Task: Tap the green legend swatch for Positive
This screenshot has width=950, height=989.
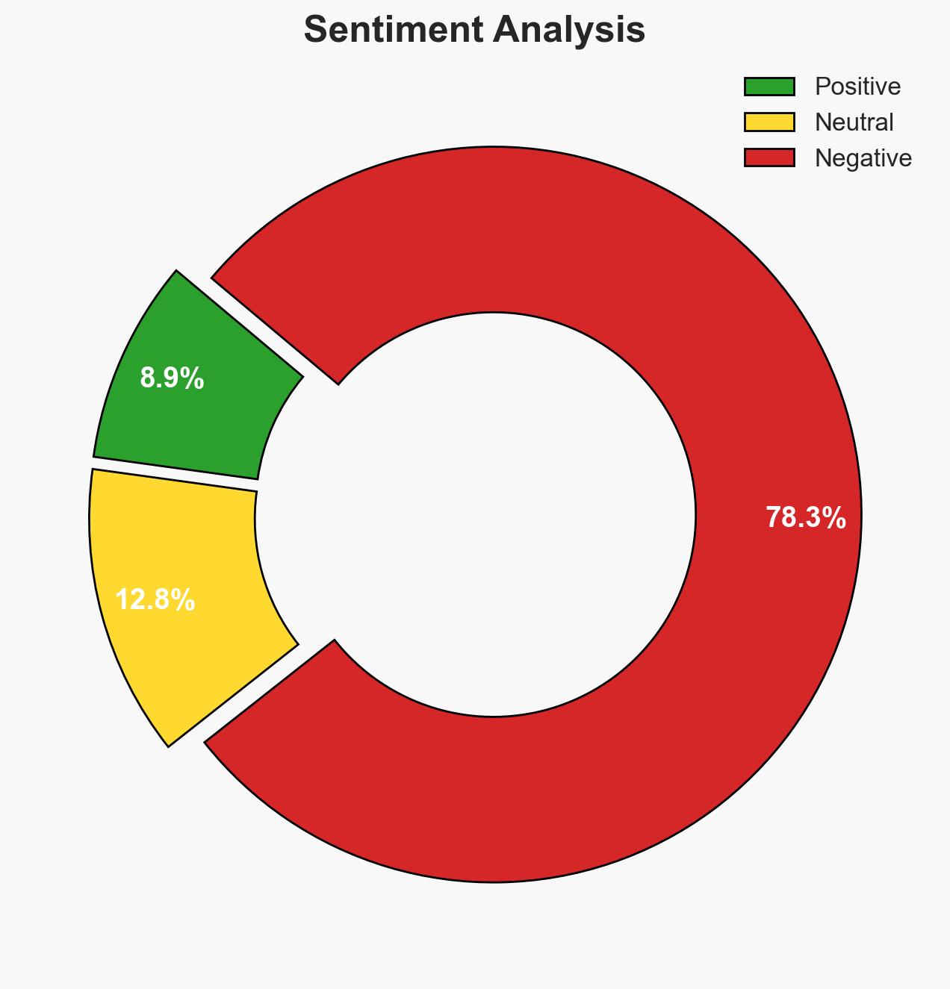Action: [769, 87]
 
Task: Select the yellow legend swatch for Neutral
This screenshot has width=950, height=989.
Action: [769, 122]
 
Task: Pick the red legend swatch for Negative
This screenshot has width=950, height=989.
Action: [769, 157]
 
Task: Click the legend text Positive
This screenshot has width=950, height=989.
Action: [857, 87]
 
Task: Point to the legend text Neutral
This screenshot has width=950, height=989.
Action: [854, 122]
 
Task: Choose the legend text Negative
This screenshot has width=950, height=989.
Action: [863, 157]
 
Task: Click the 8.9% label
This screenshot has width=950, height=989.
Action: [172, 379]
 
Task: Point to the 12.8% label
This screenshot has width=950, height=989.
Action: [155, 599]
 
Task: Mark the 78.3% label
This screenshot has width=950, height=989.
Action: [806, 517]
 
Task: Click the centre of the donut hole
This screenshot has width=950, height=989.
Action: [493, 514]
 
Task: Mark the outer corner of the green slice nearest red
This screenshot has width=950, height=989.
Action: [177, 271]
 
